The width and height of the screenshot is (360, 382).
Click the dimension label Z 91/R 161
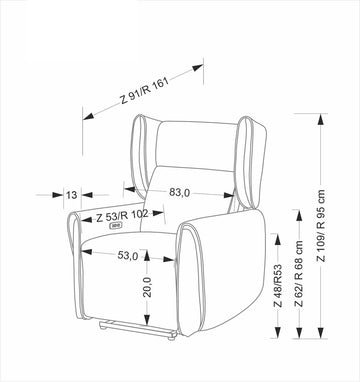click(144, 90)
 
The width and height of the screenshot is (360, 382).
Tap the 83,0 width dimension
click(179, 192)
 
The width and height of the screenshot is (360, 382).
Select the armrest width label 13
click(71, 195)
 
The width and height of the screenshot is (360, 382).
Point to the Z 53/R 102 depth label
click(122, 216)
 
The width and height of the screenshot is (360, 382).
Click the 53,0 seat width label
click(128, 256)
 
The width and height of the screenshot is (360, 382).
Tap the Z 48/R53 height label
click(278, 286)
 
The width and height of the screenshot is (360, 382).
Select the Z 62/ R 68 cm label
click(299, 273)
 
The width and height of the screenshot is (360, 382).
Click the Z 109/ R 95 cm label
click(321, 226)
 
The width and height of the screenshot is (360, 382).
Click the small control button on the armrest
click(116, 226)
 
